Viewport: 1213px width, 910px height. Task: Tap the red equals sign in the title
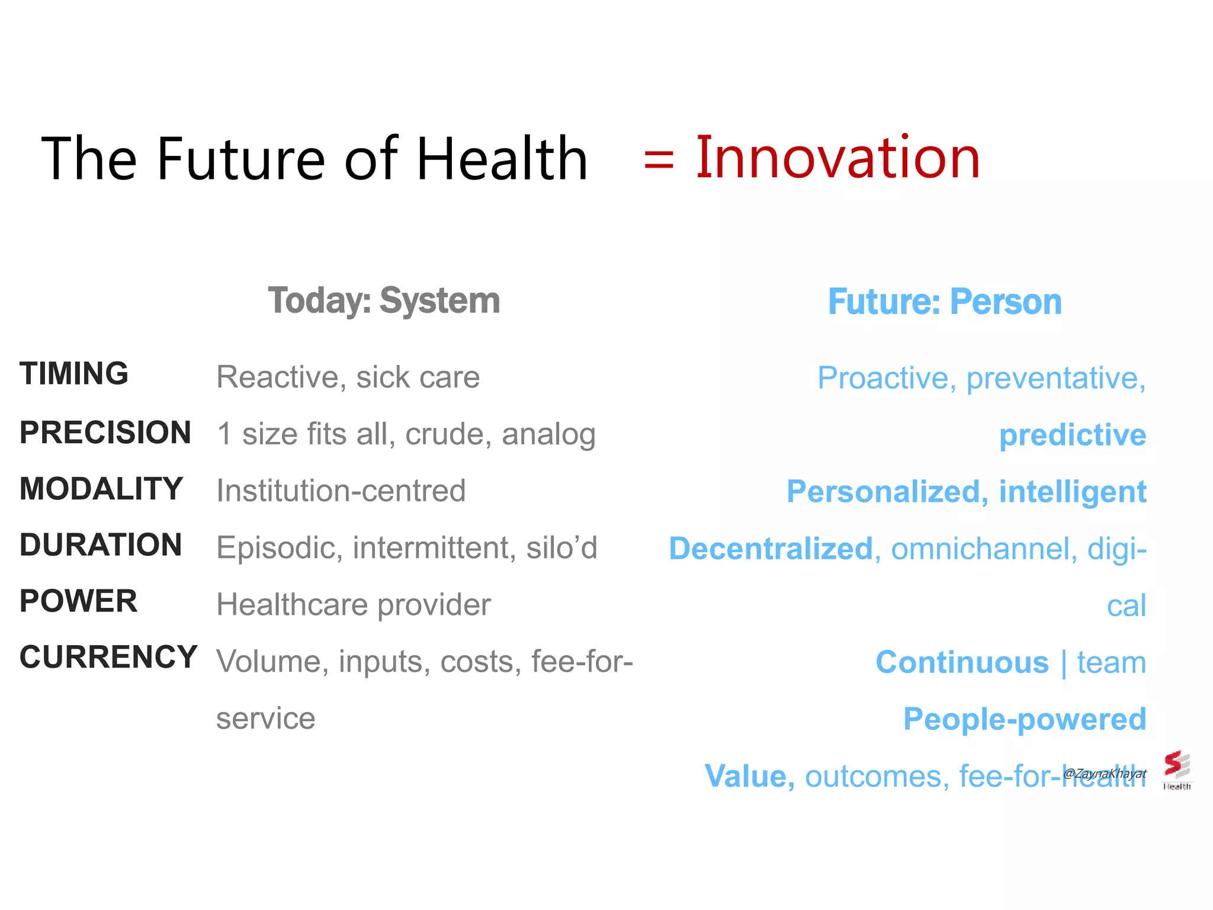pos(659,160)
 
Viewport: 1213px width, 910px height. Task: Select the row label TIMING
pos(74,374)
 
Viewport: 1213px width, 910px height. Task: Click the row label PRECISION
pos(105,432)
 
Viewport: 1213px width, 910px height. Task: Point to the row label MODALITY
pos(101,489)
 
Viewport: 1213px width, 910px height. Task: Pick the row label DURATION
pos(101,545)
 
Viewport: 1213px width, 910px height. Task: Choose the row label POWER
pos(79,601)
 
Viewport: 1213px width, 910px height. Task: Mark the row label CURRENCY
pos(108,657)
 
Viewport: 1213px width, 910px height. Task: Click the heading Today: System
pos(384,300)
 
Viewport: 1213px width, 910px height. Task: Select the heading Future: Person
pos(945,302)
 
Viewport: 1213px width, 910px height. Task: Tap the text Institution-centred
pos(341,491)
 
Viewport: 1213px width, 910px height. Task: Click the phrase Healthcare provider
pos(354,605)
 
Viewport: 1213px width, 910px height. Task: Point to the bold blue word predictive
pos(1073,435)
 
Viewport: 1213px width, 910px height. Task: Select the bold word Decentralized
pos(771,549)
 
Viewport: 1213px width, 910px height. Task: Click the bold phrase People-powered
pos(1025,719)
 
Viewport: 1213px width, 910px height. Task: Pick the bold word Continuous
pos(962,662)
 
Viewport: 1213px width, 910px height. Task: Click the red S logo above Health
pos(1176,765)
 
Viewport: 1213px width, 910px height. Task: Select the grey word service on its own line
pos(266,719)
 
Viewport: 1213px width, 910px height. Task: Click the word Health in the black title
pos(502,159)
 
